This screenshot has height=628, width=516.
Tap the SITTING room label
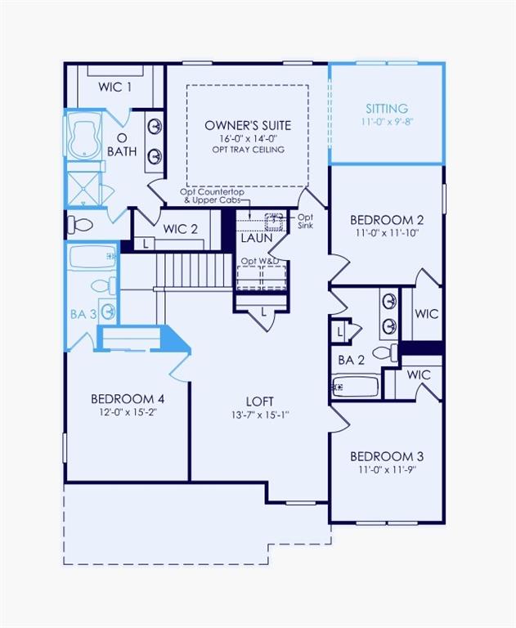387,109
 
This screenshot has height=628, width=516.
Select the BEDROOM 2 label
387,219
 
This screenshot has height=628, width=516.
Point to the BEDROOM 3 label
387,455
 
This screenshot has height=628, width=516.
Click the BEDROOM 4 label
128,398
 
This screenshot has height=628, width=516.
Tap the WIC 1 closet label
115,87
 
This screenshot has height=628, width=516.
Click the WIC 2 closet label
180,229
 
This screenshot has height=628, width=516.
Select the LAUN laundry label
257,238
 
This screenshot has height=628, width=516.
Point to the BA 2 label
351,360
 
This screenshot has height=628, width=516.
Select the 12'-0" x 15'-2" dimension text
128,412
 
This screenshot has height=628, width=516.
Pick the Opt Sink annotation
305,222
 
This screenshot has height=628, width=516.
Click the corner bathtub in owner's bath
83,140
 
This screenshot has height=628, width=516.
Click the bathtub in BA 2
356,385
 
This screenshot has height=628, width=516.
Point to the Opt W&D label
259,261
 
